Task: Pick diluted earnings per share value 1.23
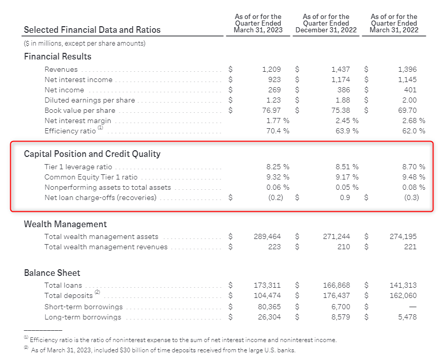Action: (x=274, y=100)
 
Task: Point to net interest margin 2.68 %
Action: (x=413, y=121)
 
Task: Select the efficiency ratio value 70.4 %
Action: (x=277, y=131)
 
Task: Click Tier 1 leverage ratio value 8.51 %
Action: (x=347, y=167)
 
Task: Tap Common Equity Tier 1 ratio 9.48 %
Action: (x=413, y=177)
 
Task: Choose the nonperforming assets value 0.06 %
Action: (x=277, y=187)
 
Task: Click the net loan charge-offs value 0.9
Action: (x=345, y=197)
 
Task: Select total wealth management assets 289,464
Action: (x=267, y=236)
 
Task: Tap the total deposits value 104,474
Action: (x=267, y=295)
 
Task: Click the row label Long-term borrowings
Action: (x=83, y=317)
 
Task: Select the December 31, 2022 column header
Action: (x=326, y=24)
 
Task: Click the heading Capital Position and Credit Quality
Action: (x=92, y=154)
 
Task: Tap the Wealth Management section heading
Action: (x=66, y=224)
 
